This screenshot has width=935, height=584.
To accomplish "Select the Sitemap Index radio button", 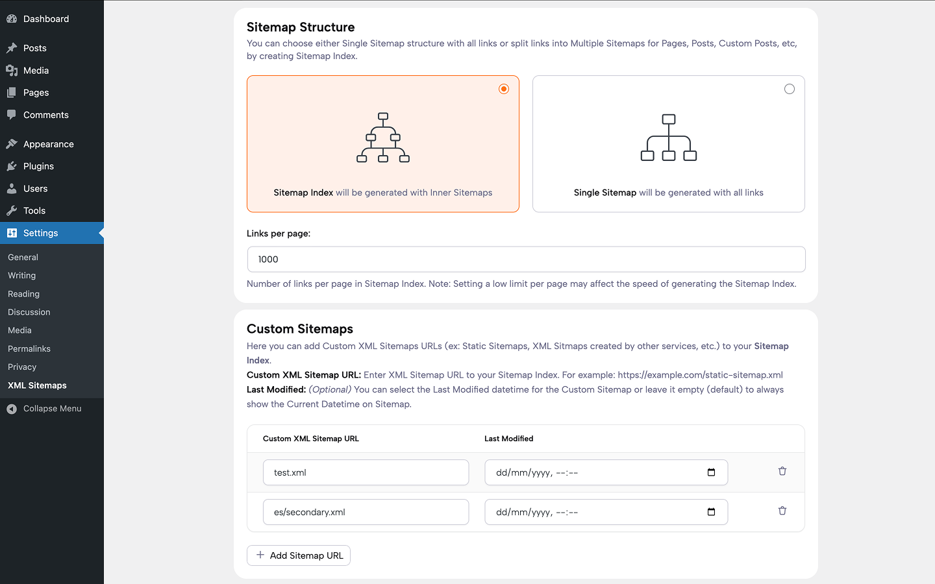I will pyautogui.click(x=504, y=89).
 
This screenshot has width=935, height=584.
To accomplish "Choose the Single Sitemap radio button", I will pyautogui.click(x=789, y=89).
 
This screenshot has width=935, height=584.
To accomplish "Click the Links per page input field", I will pyautogui.click(x=526, y=260).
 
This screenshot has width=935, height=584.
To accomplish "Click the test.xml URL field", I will pyautogui.click(x=366, y=472).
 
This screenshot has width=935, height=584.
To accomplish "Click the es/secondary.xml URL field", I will pyautogui.click(x=366, y=512).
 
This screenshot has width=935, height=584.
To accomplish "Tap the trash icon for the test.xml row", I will pyautogui.click(x=782, y=471).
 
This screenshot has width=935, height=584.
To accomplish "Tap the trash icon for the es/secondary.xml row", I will pyautogui.click(x=782, y=511).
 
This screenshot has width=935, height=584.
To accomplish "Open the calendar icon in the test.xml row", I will pyautogui.click(x=711, y=472).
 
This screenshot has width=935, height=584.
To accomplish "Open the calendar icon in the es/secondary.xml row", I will pyautogui.click(x=711, y=512).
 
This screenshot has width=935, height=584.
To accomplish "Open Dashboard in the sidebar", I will pyautogui.click(x=45, y=19).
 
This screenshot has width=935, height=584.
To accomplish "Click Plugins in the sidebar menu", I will pyautogui.click(x=38, y=166).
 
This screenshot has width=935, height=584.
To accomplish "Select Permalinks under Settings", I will pyautogui.click(x=29, y=348).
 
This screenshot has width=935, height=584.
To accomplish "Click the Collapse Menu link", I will pyautogui.click(x=52, y=408).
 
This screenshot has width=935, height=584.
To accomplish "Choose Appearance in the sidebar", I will pyautogui.click(x=48, y=144).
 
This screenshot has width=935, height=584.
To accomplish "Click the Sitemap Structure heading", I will pyautogui.click(x=301, y=27).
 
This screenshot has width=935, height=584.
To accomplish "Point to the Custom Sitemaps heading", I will pyautogui.click(x=300, y=329).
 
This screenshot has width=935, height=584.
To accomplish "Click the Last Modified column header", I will pyautogui.click(x=508, y=439).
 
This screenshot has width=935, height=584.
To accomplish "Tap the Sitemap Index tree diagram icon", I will pyautogui.click(x=383, y=138).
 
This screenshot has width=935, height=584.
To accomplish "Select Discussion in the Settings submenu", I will pyautogui.click(x=29, y=312).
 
